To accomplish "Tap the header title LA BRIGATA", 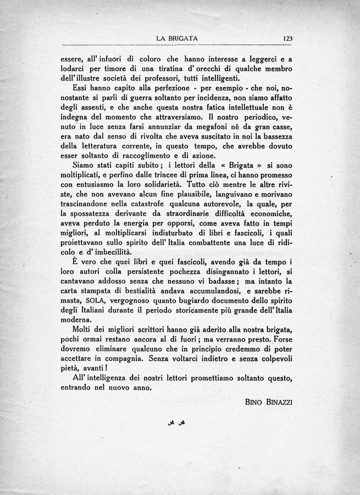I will pyautogui.click(x=177, y=38).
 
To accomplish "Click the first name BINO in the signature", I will pyautogui.click(x=254, y=402).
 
